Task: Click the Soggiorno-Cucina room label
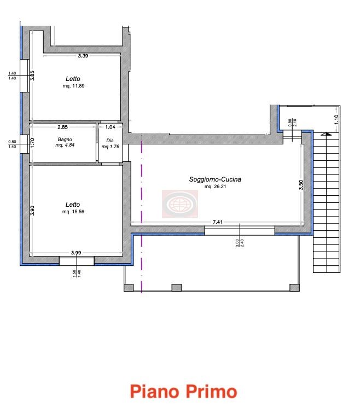pos(215,179)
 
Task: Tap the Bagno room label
pos(65,139)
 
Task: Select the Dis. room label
pos(111,141)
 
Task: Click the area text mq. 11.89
pos(73,86)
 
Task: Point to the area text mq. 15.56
pos(73,212)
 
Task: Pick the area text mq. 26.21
pos(215,186)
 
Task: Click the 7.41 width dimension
pos(218,222)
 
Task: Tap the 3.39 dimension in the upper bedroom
pos(83,55)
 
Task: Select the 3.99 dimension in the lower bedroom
pos(76,252)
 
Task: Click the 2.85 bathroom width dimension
pos(62,127)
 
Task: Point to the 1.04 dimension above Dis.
pos(110,127)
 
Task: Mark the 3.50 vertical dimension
pos(301,185)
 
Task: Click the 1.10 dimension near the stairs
pos(336,119)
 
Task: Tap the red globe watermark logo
pos(180,204)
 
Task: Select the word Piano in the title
pos(155,392)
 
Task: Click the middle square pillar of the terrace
pos(177,288)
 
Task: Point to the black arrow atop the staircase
pos(326,134)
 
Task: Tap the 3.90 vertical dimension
pos(32,211)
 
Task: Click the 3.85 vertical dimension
pos(32,75)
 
